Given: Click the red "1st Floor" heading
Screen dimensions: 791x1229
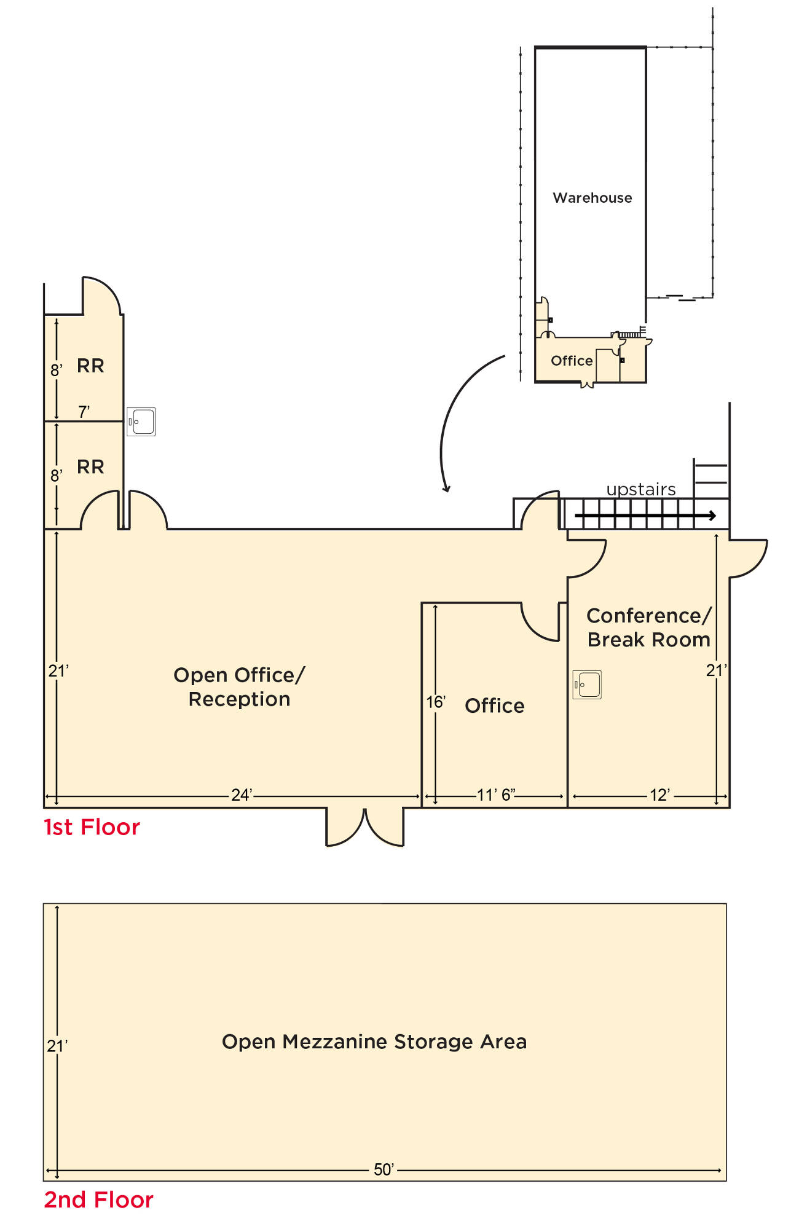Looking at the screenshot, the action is [x=92, y=827].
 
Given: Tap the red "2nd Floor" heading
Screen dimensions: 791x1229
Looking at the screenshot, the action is [x=98, y=1200].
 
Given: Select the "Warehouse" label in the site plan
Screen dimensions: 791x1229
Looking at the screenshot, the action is [x=592, y=198].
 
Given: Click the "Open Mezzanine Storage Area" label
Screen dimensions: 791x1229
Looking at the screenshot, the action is [x=374, y=1042].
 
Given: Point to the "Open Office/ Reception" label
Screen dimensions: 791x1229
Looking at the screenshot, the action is [x=239, y=687].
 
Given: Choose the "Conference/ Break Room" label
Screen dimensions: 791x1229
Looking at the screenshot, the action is [x=649, y=627].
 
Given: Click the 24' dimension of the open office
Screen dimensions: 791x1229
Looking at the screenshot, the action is [x=242, y=795].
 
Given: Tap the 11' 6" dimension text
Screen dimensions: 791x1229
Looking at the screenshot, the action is [x=496, y=795].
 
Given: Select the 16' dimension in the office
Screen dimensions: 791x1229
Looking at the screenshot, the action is [x=436, y=702].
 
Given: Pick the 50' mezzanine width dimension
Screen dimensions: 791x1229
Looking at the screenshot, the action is [x=384, y=1169].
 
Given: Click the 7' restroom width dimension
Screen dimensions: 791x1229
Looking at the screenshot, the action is [x=84, y=412].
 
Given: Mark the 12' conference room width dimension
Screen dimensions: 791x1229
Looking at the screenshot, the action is [x=660, y=795].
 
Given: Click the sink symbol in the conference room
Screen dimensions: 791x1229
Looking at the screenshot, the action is [x=587, y=685].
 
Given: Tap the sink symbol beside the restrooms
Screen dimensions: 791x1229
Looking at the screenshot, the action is [x=141, y=422].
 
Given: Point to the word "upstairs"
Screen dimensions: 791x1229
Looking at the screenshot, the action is [x=641, y=489].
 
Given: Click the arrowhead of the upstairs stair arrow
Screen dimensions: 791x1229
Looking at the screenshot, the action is [x=713, y=516].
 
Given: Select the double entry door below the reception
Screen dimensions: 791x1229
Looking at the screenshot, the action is [x=364, y=827].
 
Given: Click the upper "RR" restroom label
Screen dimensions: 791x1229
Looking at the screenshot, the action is [x=90, y=366].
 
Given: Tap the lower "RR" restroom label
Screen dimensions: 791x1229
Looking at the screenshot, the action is [x=90, y=467].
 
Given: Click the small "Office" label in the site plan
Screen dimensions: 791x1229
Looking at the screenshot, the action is [x=572, y=361].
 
